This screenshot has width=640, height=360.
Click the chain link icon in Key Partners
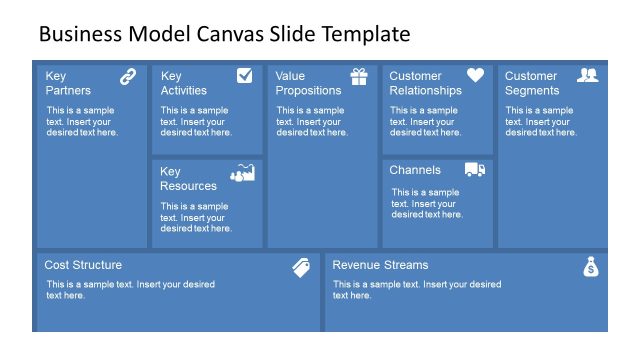point(128,76)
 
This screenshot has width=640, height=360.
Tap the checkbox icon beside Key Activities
point(244,75)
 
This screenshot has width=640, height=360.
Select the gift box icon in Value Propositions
point(359,76)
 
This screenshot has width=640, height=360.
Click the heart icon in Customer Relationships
point(475,75)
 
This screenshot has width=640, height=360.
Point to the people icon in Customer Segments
point(588,75)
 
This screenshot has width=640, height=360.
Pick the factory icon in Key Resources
point(242,172)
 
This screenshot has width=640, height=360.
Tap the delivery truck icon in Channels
point(475,170)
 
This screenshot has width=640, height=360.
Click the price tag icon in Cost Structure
point(301,267)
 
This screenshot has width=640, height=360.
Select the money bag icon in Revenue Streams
point(590,267)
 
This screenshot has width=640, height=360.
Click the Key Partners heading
point(68,83)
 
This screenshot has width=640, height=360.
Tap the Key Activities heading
point(184,83)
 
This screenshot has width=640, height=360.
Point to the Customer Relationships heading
point(425,83)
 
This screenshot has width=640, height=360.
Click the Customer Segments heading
point(532,83)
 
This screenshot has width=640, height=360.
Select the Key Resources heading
point(188,178)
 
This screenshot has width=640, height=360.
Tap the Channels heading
point(415,170)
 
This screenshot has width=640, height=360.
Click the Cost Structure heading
point(83,265)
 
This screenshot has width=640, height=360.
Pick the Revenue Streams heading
point(380,265)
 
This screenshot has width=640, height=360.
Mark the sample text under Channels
point(427,203)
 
